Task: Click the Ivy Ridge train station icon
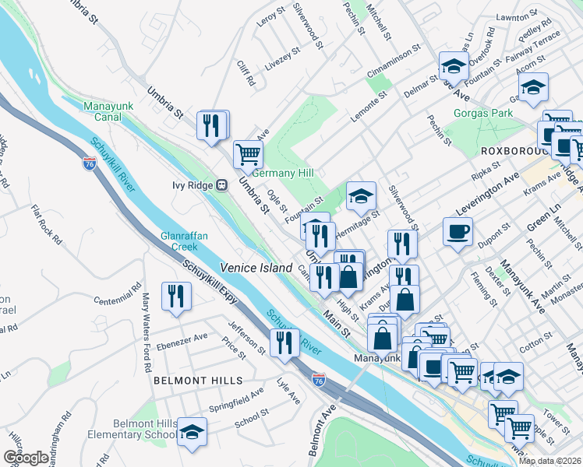pyautogui.click(x=221, y=185)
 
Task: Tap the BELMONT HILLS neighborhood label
pyautogui.click(x=198, y=381)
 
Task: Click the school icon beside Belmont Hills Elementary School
pyautogui.click(x=191, y=431)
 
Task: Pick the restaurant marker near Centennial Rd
pyautogui.click(x=174, y=296)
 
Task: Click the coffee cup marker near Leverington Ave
pyautogui.click(x=458, y=230)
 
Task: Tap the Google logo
pyautogui.click(x=25, y=458)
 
